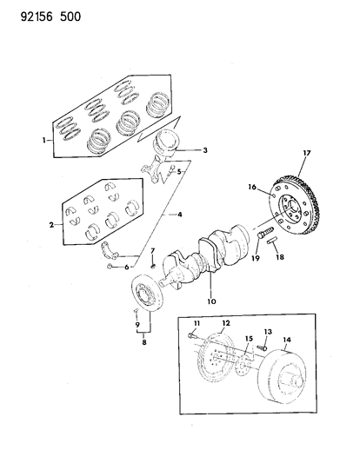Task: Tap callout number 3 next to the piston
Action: point(204,150)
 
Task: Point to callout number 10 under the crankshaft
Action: point(210,301)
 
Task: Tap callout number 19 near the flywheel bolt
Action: point(257,257)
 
